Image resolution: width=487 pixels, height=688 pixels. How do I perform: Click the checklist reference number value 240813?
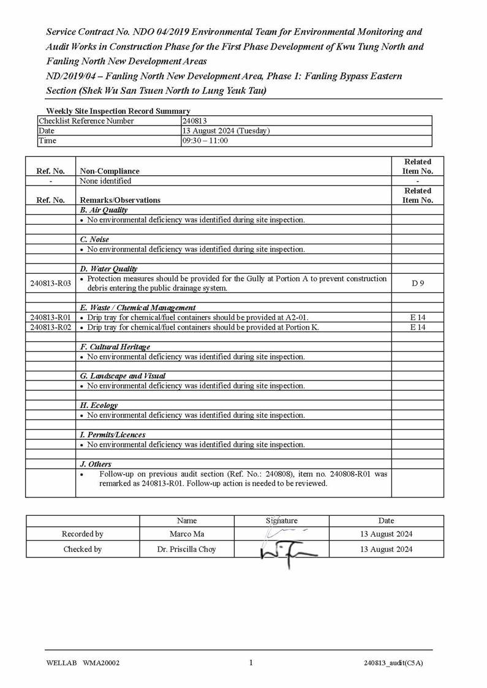[x=195, y=121]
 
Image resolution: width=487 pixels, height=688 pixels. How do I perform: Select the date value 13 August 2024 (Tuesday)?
[x=226, y=131]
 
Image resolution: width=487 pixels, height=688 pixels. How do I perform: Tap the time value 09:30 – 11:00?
[x=205, y=141]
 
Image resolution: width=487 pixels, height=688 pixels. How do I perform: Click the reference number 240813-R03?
[x=50, y=283]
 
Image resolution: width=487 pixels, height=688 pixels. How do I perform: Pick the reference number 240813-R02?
[x=50, y=327]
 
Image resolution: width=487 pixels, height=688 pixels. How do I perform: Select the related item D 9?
[x=418, y=283]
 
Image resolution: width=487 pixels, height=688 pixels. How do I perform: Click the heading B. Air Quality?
[x=104, y=210]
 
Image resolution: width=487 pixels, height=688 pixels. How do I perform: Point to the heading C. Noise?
[x=94, y=240]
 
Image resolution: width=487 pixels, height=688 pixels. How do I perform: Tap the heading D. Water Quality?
[x=108, y=269]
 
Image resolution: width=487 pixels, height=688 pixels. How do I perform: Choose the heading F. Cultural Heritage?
[x=115, y=347]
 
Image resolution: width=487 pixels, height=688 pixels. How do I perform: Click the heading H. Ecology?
[x=99, y=406]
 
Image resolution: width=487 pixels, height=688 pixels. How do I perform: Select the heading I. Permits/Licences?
[x=113, y=435]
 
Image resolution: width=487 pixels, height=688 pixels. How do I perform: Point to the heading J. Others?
[x=96, y=464]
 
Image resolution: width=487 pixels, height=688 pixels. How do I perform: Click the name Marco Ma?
[x=187, y=534]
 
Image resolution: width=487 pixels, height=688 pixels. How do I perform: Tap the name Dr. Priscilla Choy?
[x=187, y=550]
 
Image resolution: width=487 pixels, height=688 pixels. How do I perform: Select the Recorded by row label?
[x=83, y=534]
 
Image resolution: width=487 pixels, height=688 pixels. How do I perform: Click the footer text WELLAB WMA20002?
[x=83, y=663]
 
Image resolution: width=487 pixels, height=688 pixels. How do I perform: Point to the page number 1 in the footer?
[x=251, y=662]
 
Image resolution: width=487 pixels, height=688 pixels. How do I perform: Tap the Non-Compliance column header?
[x=110, y=172]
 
